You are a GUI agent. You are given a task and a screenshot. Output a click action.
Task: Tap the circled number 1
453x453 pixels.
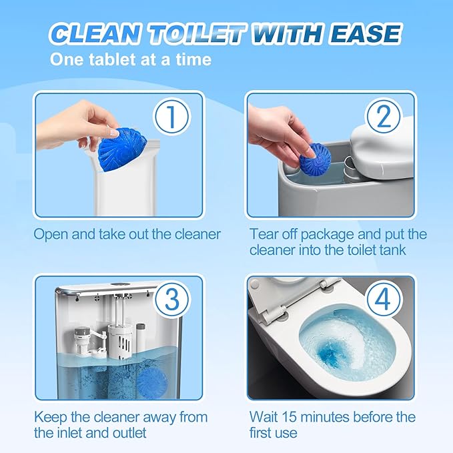pyautogui.click(x=171, y=117)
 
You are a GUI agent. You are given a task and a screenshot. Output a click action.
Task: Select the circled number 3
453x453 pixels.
pyautogui.click(x=171, y=301)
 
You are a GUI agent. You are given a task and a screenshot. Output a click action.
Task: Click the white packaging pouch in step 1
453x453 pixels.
pyautogui.click(x=133, y=180)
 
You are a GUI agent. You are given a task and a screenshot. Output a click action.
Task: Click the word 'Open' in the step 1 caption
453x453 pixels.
pyautogui.click(x=50, y=234)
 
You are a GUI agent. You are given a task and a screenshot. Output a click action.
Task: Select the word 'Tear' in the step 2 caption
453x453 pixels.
pyautogui.click(x=264, y=234)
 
